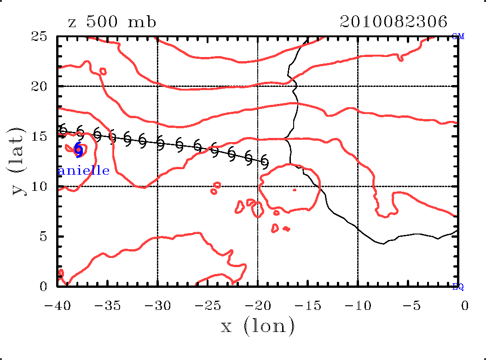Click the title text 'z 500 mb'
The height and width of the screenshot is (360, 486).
(x=112, y=22)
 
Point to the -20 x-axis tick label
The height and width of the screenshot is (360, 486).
(x=257, y=305)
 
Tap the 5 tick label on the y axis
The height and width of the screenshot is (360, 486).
(x=44, y=237)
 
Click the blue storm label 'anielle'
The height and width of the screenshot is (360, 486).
(x=85, y=171)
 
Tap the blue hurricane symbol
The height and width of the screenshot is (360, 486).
(x=79, y=150)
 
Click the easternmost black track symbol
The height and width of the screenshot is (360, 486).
(x=264, y=162)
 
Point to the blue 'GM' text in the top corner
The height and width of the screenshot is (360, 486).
(x=458, y=37)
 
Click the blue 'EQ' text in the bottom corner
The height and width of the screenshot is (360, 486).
(x=458, y=287)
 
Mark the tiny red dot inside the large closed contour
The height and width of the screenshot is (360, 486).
(x=295, y=189)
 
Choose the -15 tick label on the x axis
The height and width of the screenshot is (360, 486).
(x=307, y=305)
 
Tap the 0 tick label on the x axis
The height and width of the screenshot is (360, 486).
(x=465, y=305)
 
